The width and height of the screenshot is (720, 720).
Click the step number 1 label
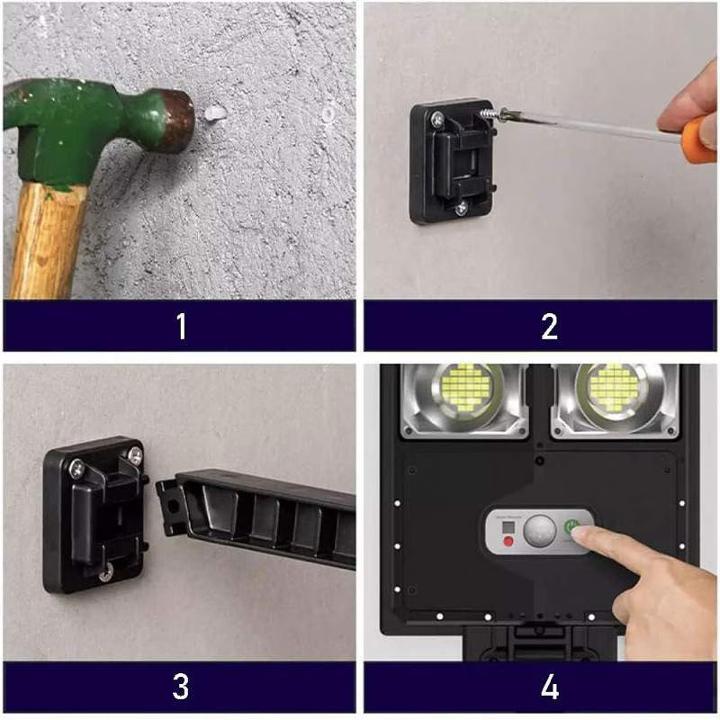tap(181, 326)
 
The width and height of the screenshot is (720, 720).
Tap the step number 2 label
tap(549, 326)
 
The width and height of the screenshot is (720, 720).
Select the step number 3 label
tap(181, 687)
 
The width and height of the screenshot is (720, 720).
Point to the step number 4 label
tap(549, 687)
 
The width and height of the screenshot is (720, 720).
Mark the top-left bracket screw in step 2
tap(436, 117)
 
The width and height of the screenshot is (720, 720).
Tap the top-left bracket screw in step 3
tap(77, 467)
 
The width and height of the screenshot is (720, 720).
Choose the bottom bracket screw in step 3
tap(105, 570)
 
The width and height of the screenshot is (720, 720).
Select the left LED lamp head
tap(465, 392)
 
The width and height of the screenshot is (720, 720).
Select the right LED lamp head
tap(615, 392)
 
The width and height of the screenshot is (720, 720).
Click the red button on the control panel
tap(508, 541)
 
